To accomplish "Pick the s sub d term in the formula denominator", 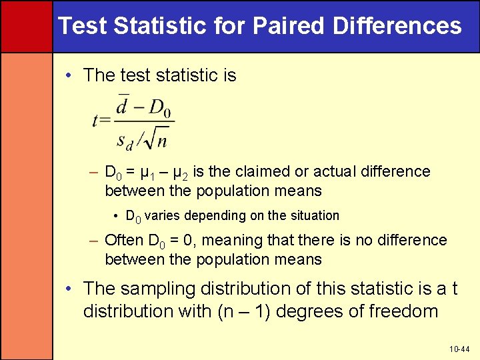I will [x=126, y=140].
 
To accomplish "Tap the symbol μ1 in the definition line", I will [x=148, y=173].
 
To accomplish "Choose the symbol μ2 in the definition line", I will [x=179, y=173].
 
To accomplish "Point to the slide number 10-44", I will [x=459, y=349].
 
